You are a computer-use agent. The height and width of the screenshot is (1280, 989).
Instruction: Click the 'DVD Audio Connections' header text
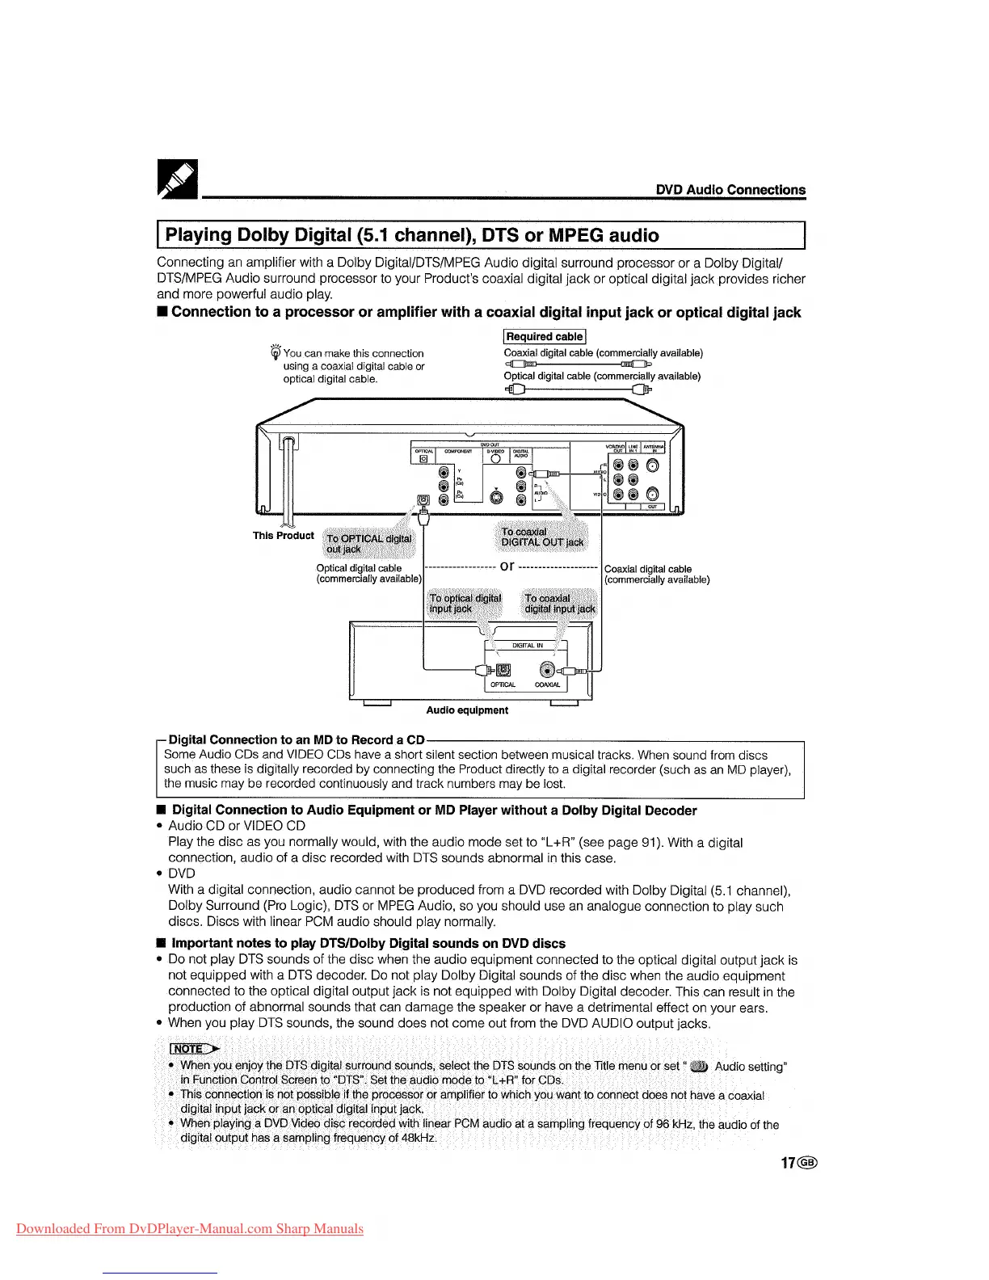pos(730,190)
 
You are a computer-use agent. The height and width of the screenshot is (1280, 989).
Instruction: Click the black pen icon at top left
pos(177,179)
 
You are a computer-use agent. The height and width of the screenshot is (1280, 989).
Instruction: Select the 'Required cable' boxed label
pos(545,336)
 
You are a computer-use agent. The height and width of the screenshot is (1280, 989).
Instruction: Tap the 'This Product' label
pos(283,535)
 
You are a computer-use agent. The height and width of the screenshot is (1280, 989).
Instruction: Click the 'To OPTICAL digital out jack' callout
pos(368,544)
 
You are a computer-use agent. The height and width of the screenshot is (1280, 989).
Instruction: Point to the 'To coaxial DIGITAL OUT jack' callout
pos(541,537)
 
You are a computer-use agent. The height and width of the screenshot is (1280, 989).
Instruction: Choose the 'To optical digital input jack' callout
pos(464,604)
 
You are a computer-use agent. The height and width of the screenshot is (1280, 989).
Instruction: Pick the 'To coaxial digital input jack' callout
pos(559,604)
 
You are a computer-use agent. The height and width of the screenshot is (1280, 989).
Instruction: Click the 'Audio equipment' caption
pos(467,710)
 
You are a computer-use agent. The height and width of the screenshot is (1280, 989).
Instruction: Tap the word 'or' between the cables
pos(507,566)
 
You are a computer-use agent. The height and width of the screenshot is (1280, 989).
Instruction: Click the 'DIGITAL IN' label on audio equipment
pos(528,645)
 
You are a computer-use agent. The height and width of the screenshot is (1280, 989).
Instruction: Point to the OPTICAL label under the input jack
pos(503,684)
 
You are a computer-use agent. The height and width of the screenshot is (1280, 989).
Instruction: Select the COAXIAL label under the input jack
pos(547,684)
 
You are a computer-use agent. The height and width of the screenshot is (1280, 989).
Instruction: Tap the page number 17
pos(788,1163)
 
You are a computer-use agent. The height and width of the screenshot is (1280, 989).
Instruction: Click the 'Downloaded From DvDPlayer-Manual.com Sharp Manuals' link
pos(190,1229)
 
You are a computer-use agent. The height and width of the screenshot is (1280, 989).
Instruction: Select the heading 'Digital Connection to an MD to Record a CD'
pos(297,739)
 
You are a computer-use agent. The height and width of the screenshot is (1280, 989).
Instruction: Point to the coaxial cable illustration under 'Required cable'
pos(578,364)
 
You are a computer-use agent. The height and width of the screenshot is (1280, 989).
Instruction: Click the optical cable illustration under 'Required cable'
pos(578,389)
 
